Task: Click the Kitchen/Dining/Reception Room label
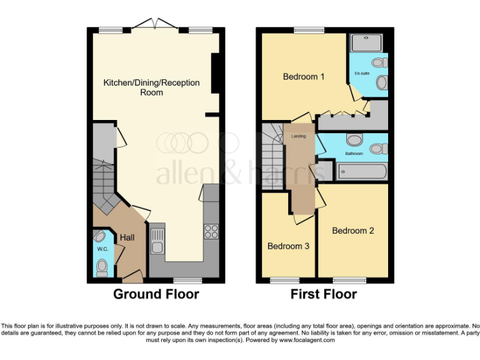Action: [151, 87]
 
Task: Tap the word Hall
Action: [127, 237]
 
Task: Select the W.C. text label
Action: [102, 249]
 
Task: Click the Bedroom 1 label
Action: [304, 77]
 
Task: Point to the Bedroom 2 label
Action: [353, 231]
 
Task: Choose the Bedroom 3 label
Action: [288, 246]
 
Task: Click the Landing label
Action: [299, 136]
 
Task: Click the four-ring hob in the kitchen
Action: [211, 231]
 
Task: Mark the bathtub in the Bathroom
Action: [362, 172]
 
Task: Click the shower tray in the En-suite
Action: [368, 42]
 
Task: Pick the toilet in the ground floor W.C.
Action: [102, 267]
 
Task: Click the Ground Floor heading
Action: [156, 294]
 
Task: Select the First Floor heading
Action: [324, 294]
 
